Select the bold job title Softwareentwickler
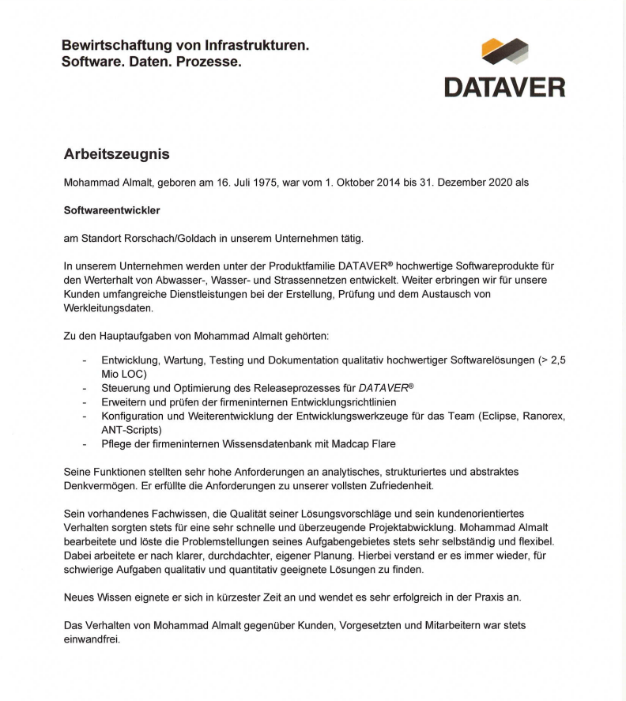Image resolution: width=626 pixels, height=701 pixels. tap(111, 210)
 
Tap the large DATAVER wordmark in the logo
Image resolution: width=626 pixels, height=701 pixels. tap(504, 86)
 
